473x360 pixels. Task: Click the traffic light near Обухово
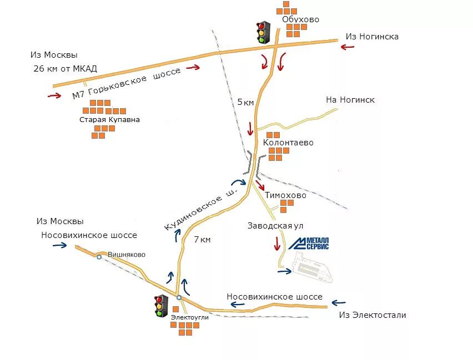click(x=262, y=33)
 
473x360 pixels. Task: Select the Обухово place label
click(x=300, y=19)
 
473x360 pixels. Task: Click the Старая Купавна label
click(x=109, y=119)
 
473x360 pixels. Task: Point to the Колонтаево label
click(x=288, y=143)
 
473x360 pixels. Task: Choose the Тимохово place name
click(x=285, y=195)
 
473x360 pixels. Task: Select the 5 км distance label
click(x=245, y=102)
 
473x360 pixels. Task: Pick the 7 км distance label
click(x=203, y=240)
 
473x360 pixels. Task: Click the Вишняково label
click(x=127, y=255)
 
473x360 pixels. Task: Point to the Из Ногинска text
click(x=372, y=37)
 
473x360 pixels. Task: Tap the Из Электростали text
click(x=372, y=315)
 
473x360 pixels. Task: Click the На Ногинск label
click(x=350, y=100)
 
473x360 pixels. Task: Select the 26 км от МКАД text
click(x=65, y=69)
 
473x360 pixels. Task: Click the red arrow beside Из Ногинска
click(x=348, y=48)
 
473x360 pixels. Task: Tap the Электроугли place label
click(x=190, y=317)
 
